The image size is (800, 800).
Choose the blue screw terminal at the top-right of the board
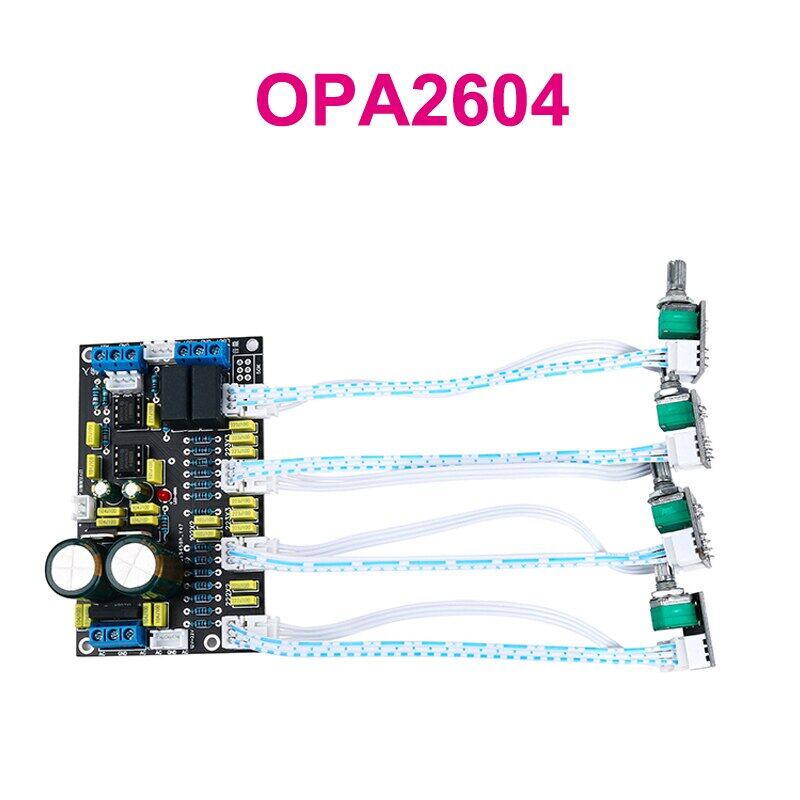[200, 351]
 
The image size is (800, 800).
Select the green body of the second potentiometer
[676, 410]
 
